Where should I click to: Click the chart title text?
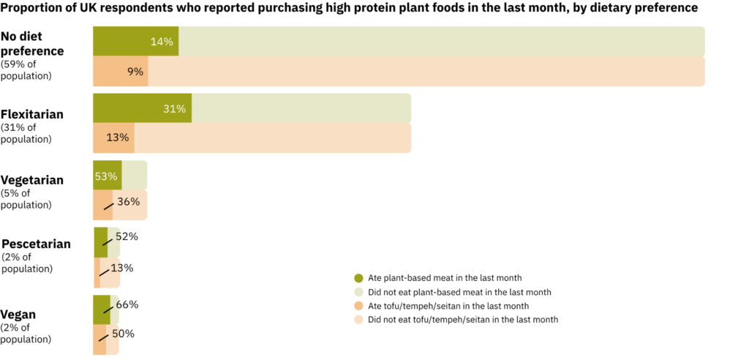pyautogui.click(x=349, y=8)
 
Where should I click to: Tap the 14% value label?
pyautogui.click(x=162, y=42)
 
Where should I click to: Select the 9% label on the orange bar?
pyautogui.click(x=135, y=72)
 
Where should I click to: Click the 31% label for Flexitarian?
pyautogui.click(x=174, y=109)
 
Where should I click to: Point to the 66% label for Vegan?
pyautogui.click(x=127, y=304)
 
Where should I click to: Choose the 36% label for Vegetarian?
pyautogui.click(x=129, y=202)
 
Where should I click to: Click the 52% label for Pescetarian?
pyautogui.click(x=127, y=236)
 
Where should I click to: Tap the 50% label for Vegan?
pyautogui.click(x=123, y=334)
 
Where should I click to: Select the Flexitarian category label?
pyautogui.click(x=32, y=115)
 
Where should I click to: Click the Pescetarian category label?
pyautogui.click(x=37, y=244)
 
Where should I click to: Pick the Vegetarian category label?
pyautogui.click(x=32, y=180)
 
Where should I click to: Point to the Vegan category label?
pyautogui.click(x=18, y=315)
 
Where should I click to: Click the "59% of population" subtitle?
pyautogui.click(x=27, y=70)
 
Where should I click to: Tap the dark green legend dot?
pyautogui.click(x=358, y=278)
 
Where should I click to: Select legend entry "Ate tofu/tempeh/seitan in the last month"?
pyautogui.click(x=448, y=306)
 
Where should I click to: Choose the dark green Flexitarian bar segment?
pyautogui.click(x=143, y=108)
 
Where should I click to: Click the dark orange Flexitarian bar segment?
pyautogui.click(x=113, y=138)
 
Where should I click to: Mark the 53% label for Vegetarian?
pyautogui.click(x=105, y=176)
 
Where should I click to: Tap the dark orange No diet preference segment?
pyautogui.click(x=121, y=71)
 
